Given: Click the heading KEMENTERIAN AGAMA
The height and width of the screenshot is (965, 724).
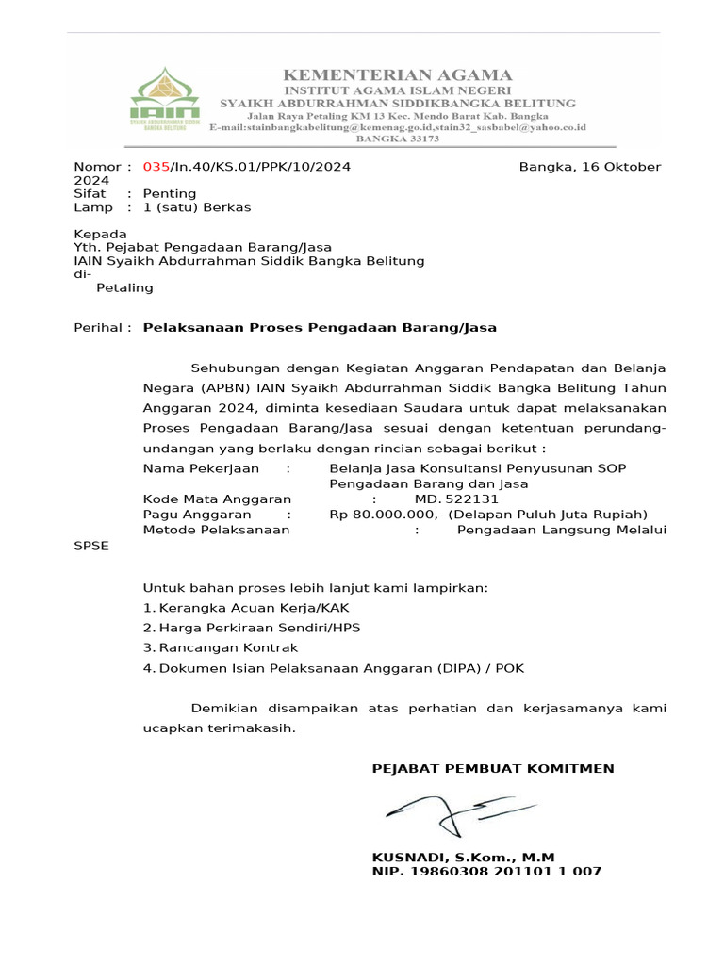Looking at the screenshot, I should tap(398, 75).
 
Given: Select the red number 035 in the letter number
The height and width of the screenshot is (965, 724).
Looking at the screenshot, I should tap(156, 167).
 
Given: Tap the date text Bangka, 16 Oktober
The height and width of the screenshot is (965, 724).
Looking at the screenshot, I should tap(590, 167).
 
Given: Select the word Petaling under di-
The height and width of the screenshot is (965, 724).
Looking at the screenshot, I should tap(124, 287).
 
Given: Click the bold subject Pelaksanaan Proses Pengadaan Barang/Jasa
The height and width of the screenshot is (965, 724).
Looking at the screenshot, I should tap(319, 328).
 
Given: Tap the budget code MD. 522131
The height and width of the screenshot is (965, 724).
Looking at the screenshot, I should tap(456, 499).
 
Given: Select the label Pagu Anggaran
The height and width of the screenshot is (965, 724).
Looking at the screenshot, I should tap(197, 515).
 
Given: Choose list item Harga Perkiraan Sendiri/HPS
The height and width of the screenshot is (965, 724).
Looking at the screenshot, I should tap(259, 628).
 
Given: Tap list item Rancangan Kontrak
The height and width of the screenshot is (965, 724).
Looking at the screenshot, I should tap(228, 647).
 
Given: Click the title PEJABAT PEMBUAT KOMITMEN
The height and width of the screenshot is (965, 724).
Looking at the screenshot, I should tap(493, 768).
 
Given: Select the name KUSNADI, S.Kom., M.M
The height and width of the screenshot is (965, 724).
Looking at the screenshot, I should tap(464, 858).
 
